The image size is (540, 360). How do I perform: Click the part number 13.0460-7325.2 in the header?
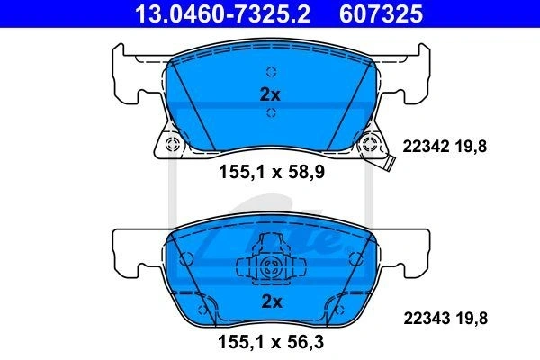click(222, 13)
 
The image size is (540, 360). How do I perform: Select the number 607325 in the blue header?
click(381, 13)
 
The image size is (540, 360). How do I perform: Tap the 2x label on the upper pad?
click(270, 94)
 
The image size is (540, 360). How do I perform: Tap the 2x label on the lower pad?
click(272, 301)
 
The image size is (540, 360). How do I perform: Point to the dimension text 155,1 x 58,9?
click(272, 172)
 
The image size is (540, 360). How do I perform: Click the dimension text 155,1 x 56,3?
click(271, 342)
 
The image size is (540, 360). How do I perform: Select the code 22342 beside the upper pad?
click(426, 147)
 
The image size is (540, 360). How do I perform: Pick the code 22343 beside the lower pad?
click(427, 318)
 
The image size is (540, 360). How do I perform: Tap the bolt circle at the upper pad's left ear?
click(173, 144)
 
